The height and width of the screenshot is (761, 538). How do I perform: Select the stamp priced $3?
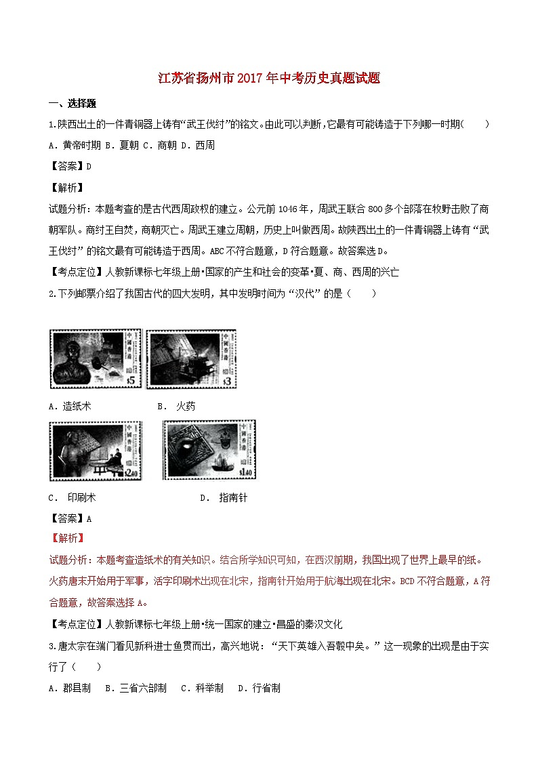click(192, 359)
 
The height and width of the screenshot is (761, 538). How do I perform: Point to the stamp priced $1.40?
click(209, 449)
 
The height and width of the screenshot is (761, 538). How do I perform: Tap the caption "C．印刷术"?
click(73, 497)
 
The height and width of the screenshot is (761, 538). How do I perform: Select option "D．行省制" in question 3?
click(259, 688)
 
